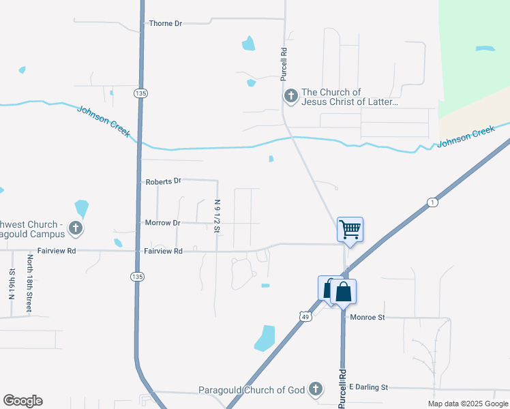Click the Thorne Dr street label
click(165, 23)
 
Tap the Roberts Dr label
click(163, 181)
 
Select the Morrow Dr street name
click(162, 223)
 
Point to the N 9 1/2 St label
click(217, 215)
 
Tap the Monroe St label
click(367, 317)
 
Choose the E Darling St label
click(368, 387)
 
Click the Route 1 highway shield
click(432, 202)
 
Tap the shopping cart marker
click(350, 229)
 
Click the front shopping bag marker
click(344, 292)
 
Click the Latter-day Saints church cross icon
click(291, 96)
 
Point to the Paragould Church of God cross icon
click(315, 389)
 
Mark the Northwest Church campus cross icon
click(76, 228)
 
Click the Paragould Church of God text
click(252, 390)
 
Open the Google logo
click(22, 401)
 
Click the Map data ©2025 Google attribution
click(468, 404)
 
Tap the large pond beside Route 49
click(265, 337)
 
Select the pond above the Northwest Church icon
click(81, 207)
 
